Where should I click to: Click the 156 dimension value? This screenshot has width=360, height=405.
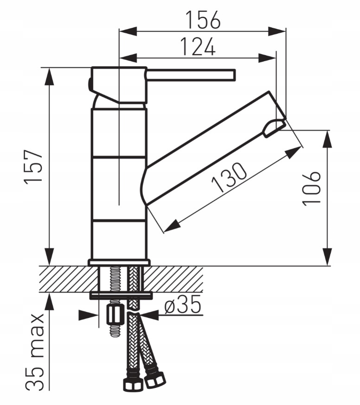(203, 19)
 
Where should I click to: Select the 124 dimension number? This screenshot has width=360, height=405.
(198, 47)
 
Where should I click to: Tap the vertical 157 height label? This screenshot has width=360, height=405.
(33, 166)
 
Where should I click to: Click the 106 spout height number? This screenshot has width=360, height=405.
(312, 188)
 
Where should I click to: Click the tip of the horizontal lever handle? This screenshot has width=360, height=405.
(235, 75)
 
